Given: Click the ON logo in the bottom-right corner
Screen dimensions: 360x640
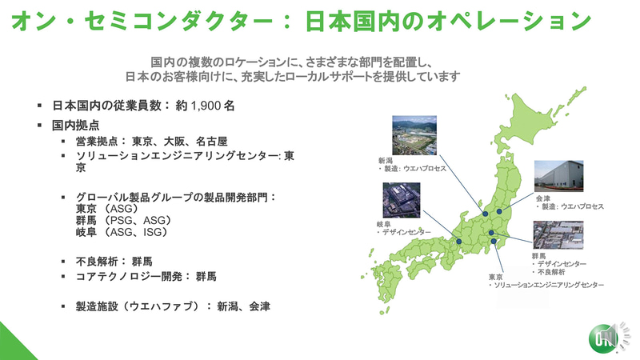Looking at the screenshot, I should pos(606,338).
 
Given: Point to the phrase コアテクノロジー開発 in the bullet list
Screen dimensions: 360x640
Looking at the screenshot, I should pos(125,277).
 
